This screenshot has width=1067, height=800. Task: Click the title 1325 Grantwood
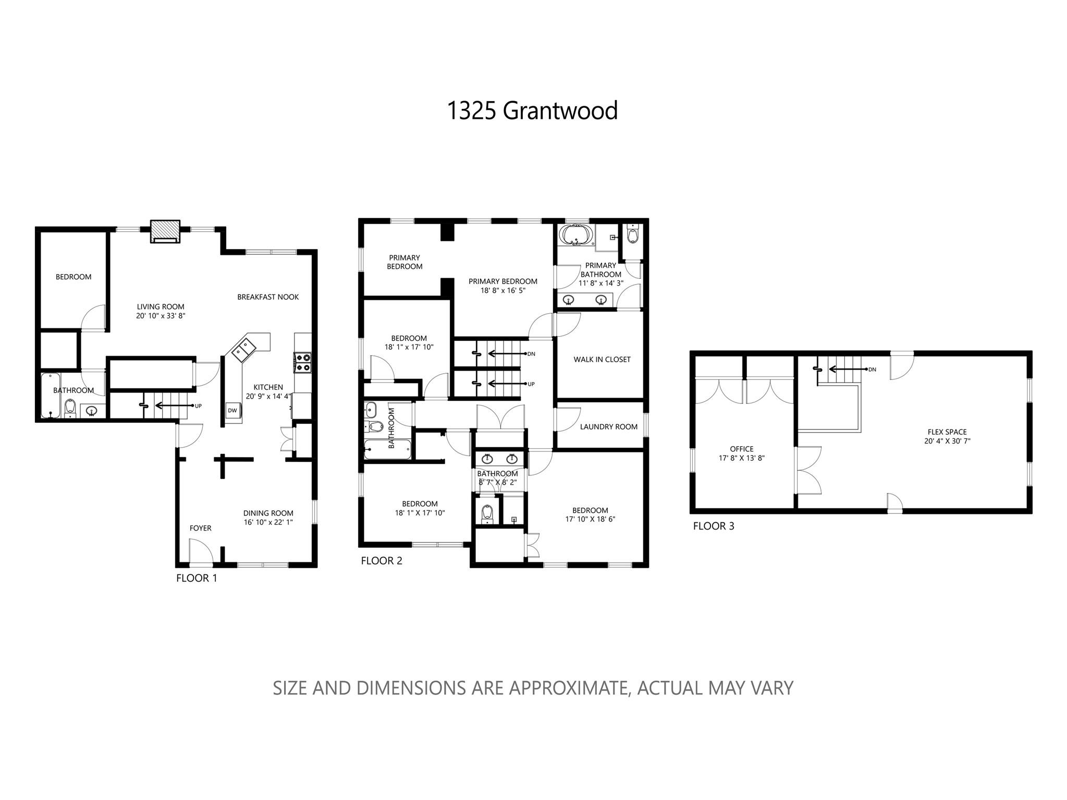(x=532, y=110)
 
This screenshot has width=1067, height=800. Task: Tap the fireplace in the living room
(x=165, y=231)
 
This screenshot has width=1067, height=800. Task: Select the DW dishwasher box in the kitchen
(x=232, y=410)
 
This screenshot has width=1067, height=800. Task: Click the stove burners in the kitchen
(x=303, y=362)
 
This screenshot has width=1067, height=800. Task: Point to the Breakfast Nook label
(x=268, y=297)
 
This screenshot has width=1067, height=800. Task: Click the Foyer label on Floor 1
(x=200, y=528)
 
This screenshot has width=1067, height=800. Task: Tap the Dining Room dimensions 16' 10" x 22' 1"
(x=268, y=522)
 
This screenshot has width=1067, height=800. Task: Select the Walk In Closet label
(x=602, y=359)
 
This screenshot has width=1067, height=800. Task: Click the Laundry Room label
(x=609, y=427)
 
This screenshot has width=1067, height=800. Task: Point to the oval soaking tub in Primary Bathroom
(x=576, y=236)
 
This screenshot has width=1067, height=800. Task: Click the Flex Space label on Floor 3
(x=947, y=432)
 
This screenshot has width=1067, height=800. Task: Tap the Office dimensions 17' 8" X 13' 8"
(x=741, y=458)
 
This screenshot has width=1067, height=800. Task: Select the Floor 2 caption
(x=382, y=561)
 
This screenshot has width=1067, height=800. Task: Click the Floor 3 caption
(x=714, y=526)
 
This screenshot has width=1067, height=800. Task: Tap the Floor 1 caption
(x=197, y=578)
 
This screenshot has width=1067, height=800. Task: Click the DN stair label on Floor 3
(x=872, y=370)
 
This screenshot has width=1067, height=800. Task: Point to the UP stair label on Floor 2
(x=531, y=384)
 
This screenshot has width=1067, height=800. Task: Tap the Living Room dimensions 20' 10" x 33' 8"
(x=161, y=316)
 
